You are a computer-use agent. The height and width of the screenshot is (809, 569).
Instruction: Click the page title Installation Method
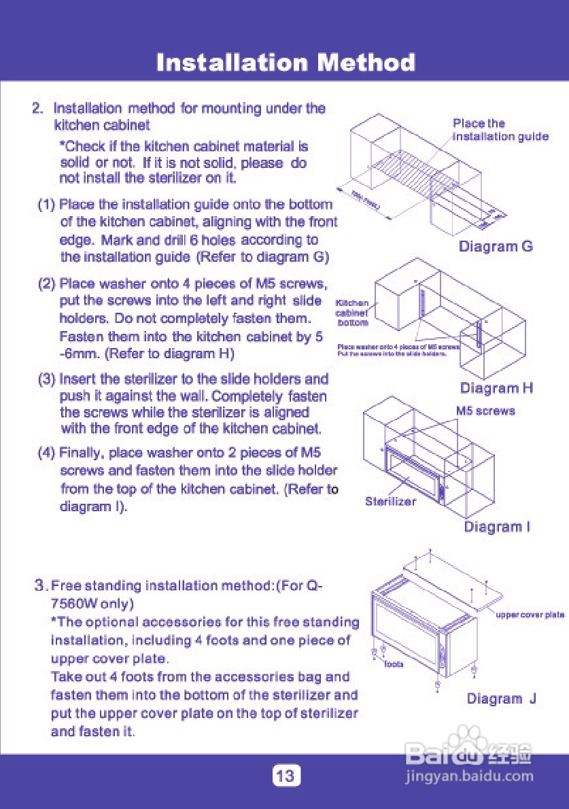[286, 63]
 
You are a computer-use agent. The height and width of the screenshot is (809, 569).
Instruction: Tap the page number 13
[286, 776]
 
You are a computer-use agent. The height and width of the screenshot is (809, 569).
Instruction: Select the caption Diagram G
[496, 246]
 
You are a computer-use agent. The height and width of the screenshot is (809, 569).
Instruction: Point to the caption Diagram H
[496, 388]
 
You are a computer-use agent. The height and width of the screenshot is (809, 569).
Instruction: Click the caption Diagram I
[497, 527]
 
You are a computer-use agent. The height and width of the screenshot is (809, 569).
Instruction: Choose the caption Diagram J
[502, 699]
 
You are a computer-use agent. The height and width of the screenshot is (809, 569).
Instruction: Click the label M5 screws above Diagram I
[485, 411]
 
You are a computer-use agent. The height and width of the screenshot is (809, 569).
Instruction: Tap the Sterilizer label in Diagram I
[390, 502]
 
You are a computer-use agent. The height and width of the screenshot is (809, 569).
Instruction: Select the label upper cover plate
[530, 615]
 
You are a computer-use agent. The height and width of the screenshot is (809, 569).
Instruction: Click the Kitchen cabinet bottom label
[352, 313]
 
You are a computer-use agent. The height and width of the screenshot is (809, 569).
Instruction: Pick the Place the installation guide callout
[500, 130]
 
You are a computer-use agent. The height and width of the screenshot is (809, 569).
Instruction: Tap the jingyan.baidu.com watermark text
[468, 776]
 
